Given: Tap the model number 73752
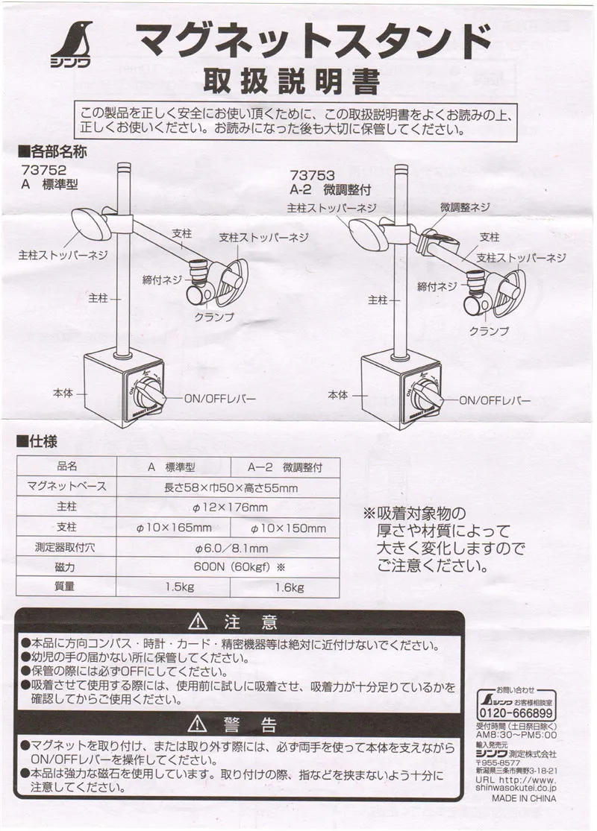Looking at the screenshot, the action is [x=46, y=169].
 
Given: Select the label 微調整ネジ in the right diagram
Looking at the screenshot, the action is [x=465, y=206].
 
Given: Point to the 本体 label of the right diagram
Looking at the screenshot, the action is [x=337, y=394].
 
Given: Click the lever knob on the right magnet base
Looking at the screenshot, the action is [x=425, y=389].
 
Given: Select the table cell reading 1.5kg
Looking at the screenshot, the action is [x=181, y=587].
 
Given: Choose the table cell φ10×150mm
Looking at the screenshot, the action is [x=288, y=528].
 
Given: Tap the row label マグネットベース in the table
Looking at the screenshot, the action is [x=67, y=487].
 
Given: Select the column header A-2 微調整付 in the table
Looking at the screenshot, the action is [x=287, y=467].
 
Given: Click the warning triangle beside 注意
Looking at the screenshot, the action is [x=198, y=622].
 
